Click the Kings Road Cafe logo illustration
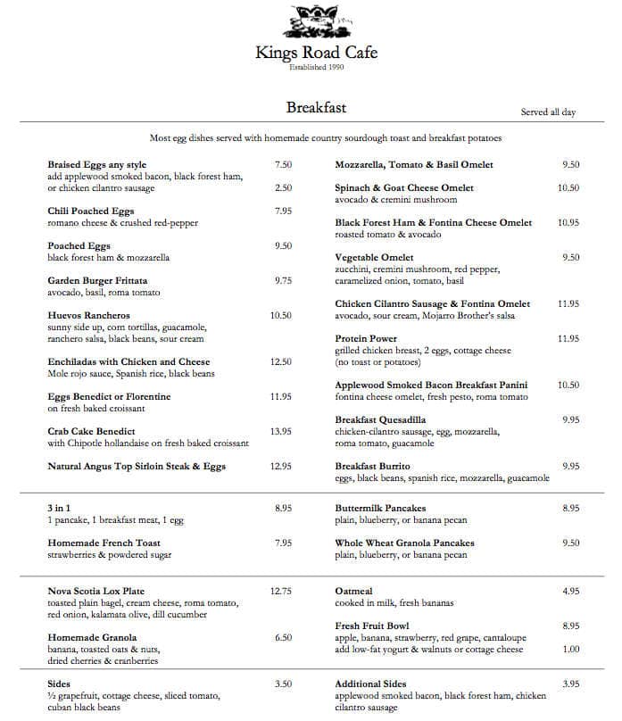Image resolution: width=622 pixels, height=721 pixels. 316,21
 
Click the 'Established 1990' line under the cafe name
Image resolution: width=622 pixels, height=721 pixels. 316,67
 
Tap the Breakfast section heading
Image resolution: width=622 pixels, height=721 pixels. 316,108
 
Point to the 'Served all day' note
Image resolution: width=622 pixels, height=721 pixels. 548,112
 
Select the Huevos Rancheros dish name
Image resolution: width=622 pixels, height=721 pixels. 88,315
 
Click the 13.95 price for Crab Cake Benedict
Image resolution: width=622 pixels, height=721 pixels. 281,431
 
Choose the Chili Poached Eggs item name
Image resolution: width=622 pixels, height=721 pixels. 90,211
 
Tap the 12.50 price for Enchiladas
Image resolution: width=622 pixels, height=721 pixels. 281,361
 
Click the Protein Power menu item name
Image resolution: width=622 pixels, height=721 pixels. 366,338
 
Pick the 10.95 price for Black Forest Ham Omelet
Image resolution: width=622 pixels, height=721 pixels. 568,222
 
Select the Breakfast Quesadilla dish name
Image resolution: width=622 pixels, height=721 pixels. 380,419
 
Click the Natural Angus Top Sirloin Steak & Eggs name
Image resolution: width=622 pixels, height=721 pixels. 137,466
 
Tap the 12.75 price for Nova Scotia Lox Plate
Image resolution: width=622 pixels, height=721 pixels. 281,591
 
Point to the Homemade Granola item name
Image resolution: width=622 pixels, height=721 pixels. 92,637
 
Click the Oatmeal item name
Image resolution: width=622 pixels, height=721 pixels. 352,591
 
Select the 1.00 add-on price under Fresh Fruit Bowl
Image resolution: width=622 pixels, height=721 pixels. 570,650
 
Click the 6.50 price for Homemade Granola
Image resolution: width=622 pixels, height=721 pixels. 283,637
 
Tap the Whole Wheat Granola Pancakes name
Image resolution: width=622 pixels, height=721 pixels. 404,543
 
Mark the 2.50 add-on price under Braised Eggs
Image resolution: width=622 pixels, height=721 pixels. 283,188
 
